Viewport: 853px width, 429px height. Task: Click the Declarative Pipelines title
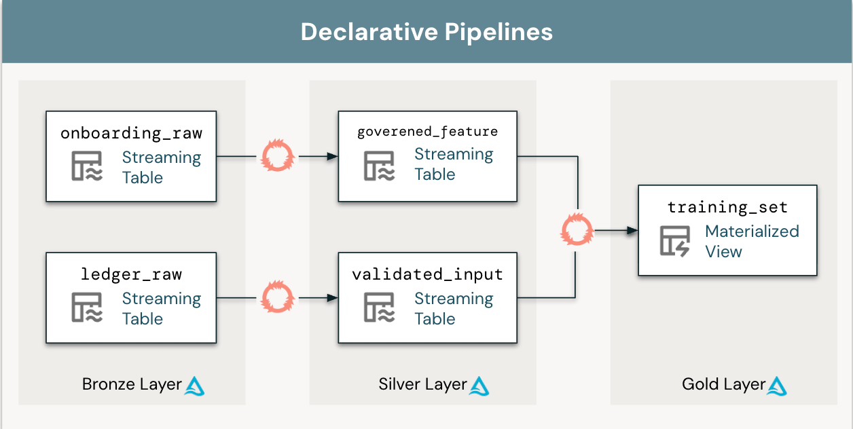(426, 32)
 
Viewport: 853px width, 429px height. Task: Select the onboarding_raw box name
(131, 133)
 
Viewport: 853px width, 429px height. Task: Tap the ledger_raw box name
(131, 274)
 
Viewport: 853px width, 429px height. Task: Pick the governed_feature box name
(427, 132)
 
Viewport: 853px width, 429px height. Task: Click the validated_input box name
(427, 274)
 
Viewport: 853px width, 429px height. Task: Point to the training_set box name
(727, 207)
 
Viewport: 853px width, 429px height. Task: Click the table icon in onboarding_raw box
(87, 166)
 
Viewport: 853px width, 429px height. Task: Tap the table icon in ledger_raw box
(87, 307)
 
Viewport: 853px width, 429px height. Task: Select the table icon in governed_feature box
(379, 165)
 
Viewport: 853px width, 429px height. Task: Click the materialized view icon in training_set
(675, 241)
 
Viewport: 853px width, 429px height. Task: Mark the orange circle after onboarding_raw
(278, 157)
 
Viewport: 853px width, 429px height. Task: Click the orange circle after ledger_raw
(278, 298)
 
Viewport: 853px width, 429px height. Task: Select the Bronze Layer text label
(132, 384)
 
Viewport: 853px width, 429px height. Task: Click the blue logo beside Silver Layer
(479, 386)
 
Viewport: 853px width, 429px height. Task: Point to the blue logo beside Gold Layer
(777, 386)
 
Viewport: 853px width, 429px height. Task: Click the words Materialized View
(752, 241)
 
